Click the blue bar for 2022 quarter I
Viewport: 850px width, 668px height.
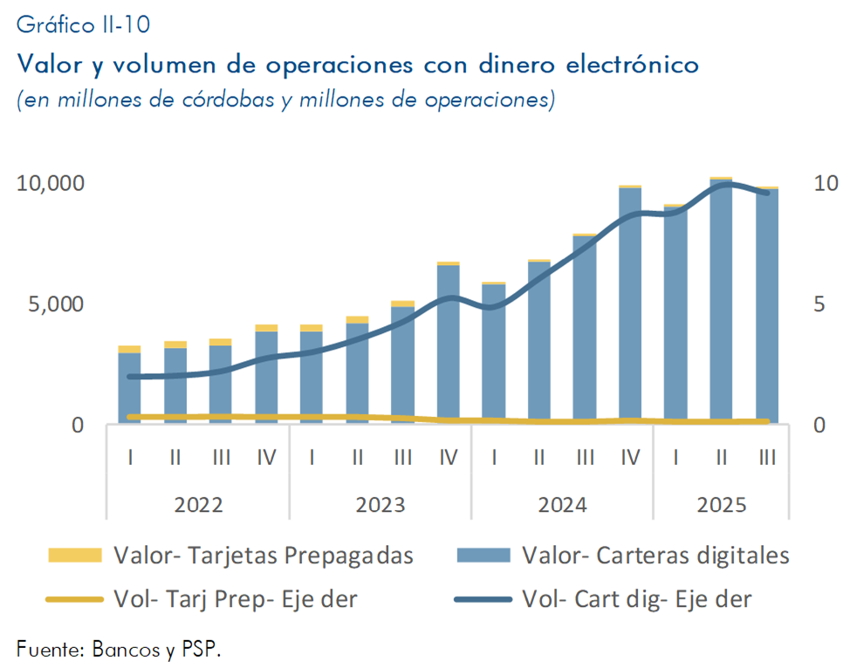coord(130,388)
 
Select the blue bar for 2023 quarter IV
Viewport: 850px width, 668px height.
coord(449,344)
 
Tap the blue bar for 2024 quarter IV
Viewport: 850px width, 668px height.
coord(630,305)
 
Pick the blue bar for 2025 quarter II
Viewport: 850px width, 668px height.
coord(721,302)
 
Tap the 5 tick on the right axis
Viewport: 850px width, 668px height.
coord(819,304)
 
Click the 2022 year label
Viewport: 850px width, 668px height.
coord(198,505)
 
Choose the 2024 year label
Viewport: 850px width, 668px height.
coord(562,505)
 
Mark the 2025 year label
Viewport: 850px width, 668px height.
coord(721,505)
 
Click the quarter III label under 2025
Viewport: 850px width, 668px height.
coord(767,456)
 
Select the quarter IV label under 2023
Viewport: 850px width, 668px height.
coord(449,456)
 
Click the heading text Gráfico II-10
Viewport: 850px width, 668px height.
coord(84,25)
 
